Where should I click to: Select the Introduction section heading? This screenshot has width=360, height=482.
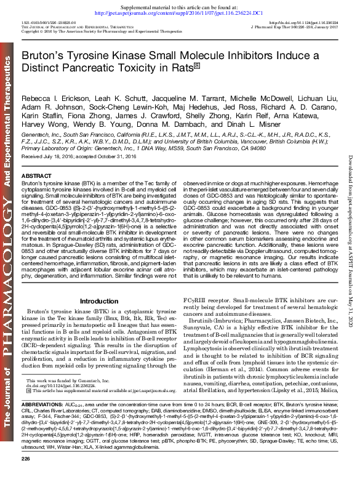98,300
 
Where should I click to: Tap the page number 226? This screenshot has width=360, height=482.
25,476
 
